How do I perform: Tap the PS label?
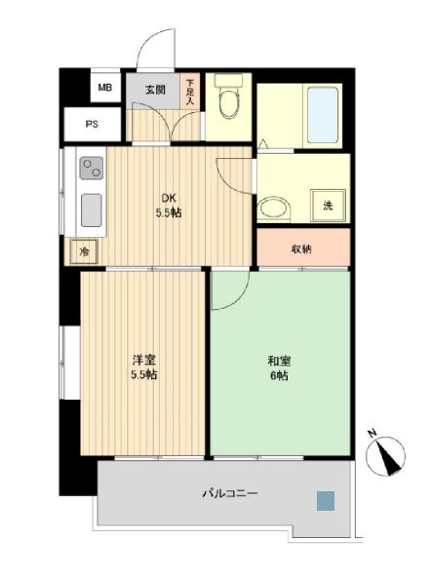(92, 124)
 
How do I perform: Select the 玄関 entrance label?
(155, 90)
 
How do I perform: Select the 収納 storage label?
(301, 249)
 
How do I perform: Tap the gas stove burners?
(94, 171)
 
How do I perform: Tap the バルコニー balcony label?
(231, 494)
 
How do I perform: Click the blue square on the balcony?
(325, 500)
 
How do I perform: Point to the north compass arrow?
(390, 455)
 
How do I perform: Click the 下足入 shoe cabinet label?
(191, 92)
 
